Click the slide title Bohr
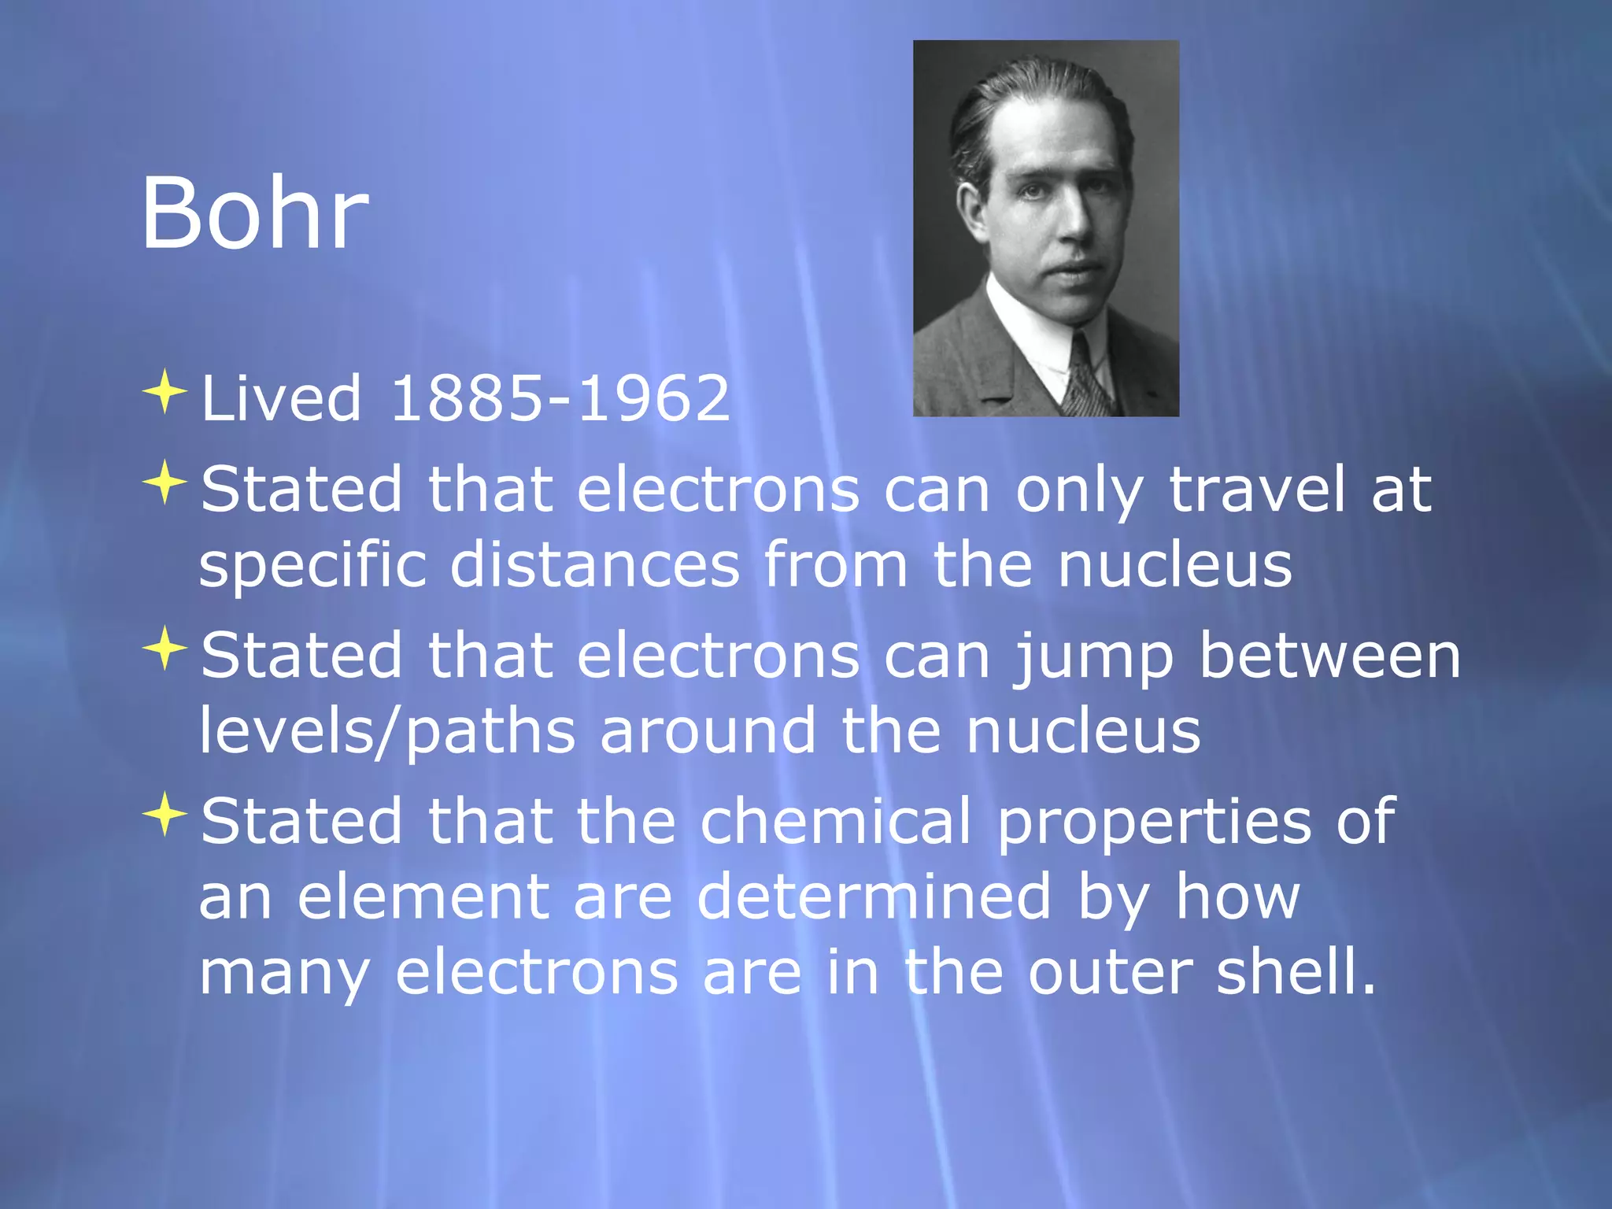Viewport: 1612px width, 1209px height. tap(254, 213)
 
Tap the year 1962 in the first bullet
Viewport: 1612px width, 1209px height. tap(653, 398)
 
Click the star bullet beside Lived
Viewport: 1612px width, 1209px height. tap(165, 391)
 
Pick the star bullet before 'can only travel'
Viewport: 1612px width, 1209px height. tap(165, 482)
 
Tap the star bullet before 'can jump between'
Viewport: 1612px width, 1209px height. tap(165, 649)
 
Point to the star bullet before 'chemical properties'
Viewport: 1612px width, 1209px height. tap(165, 815)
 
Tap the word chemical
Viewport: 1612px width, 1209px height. tap(836, 821)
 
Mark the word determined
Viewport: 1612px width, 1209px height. tap(874, 897)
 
